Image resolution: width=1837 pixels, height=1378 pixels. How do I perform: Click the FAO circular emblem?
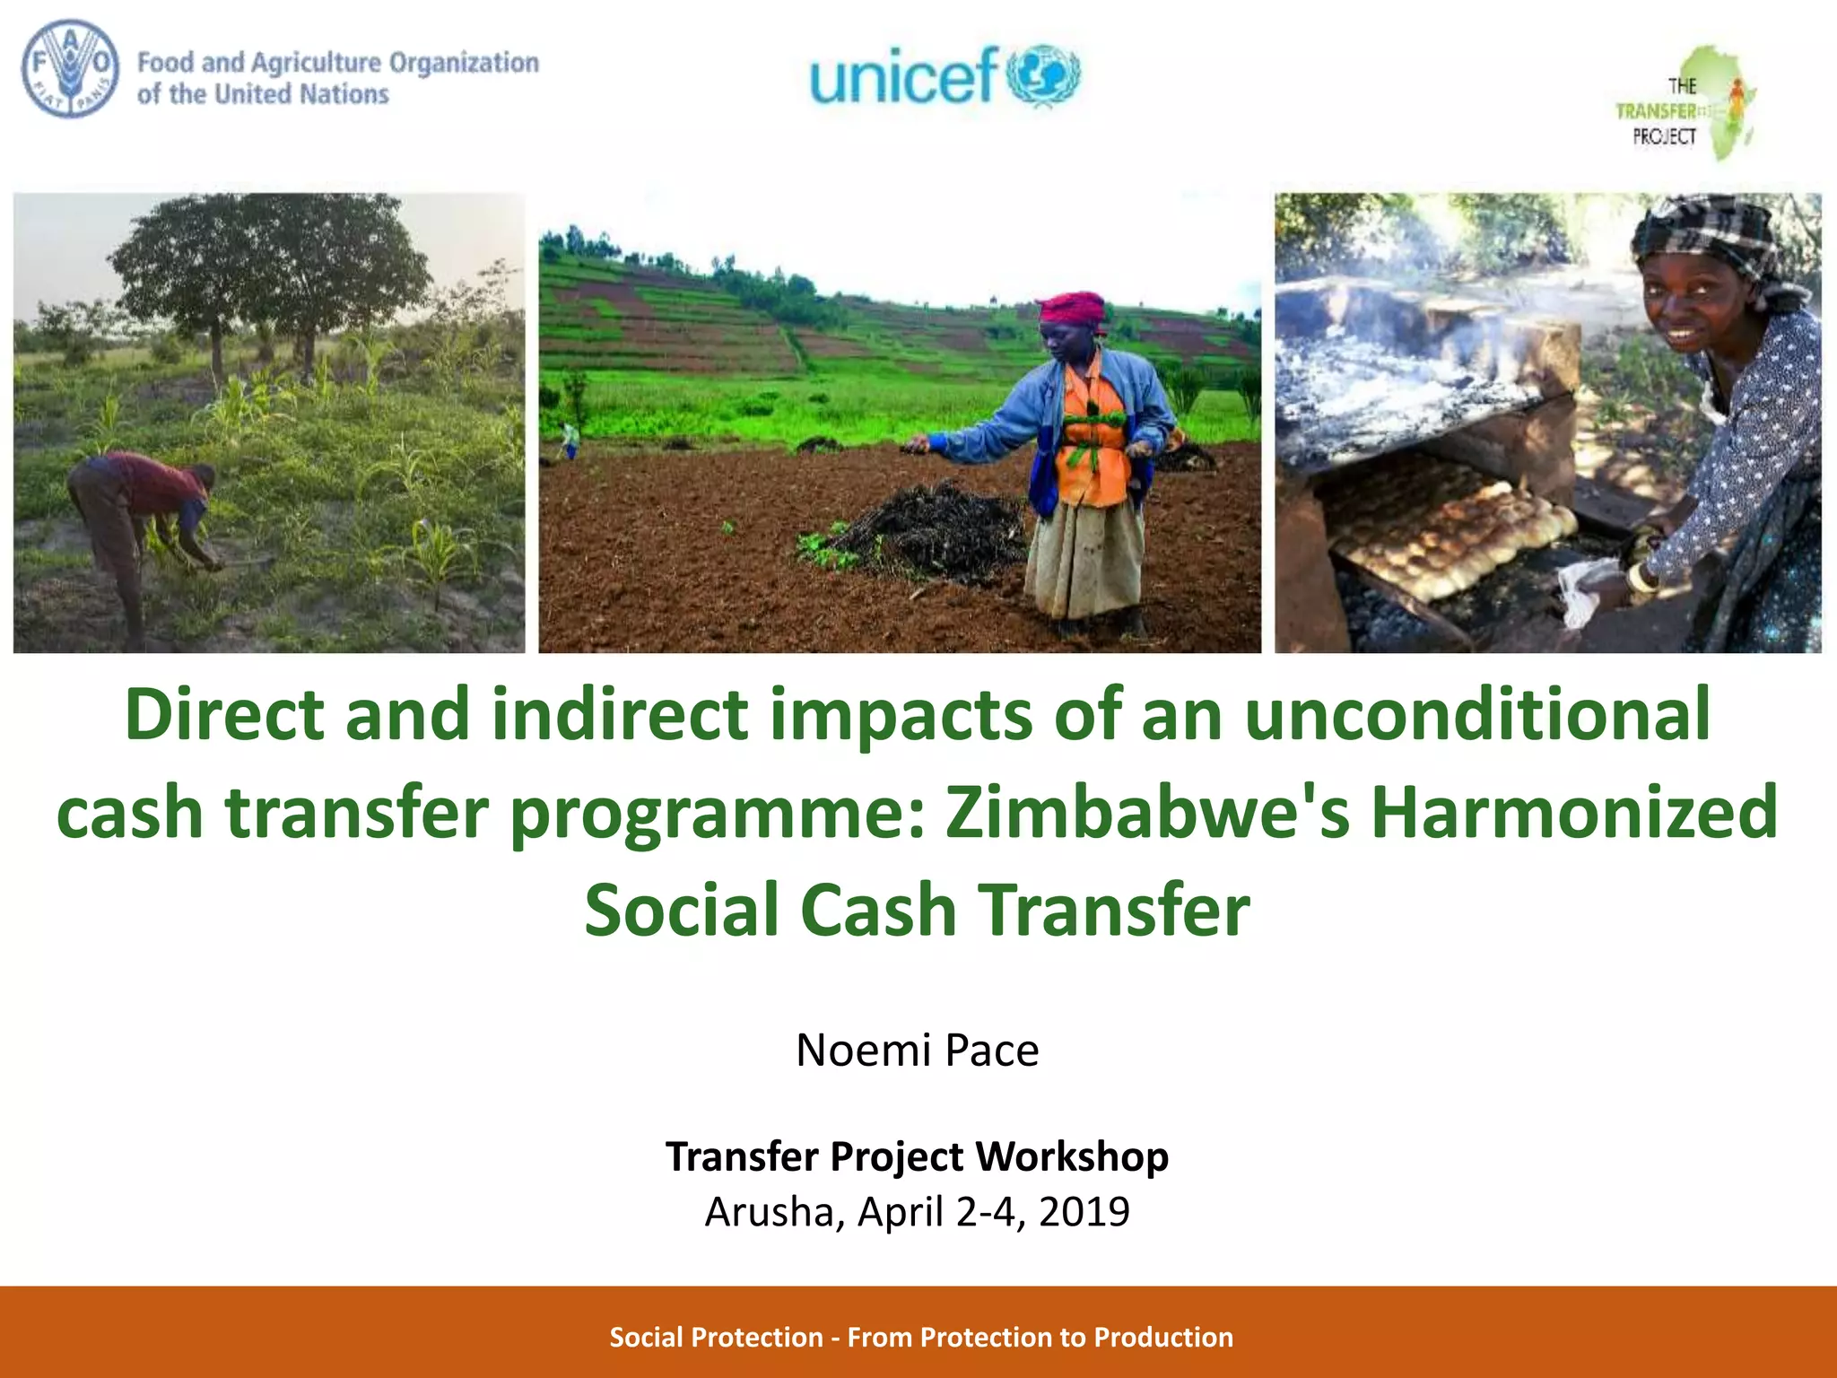70,70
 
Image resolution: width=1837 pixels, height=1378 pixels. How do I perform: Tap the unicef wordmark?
903,75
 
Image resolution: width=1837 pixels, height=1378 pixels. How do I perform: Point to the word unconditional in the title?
1478,714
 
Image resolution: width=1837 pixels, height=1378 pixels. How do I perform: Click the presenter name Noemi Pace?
917,1050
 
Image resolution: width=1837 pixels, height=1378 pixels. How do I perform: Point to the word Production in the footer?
1163,1337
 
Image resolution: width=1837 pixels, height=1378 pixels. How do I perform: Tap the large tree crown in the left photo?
269,260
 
